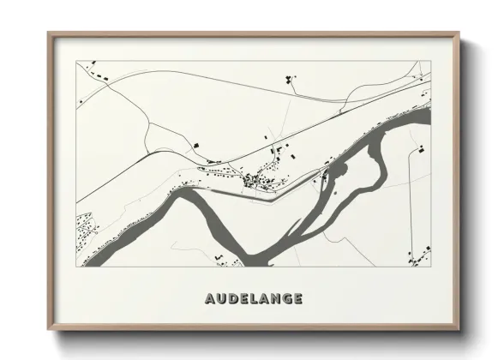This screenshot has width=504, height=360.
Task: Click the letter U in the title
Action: click(221, 299)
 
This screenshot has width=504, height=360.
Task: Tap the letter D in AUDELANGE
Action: click(233, 299)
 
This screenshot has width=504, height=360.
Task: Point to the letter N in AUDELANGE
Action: click(278, 299)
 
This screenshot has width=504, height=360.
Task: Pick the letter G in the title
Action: click(290, 299)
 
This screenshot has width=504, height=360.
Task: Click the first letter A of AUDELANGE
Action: click(210, 299)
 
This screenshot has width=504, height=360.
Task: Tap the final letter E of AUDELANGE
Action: click(300, 299)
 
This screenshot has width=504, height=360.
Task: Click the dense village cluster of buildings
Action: click(257, 180)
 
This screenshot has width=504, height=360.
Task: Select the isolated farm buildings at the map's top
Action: click(290, 81)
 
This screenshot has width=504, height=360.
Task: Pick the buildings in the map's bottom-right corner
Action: click(419, 254)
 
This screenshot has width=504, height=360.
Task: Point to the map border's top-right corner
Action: click(429, 61)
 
